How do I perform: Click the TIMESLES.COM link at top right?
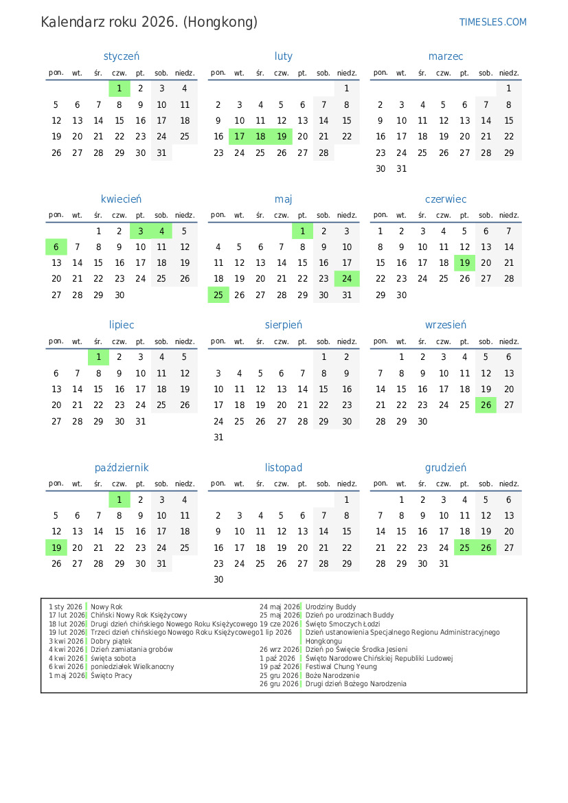pyautogui.click(x=492, y=22)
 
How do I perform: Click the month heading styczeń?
pyautogui.click(x=122, y=56)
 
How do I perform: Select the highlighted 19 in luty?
pyautogui.click(x=282, y=137)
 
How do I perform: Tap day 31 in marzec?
pyautogui.click(x=402, y=169)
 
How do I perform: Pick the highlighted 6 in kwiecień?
pyautogui.click(x=56, y=247)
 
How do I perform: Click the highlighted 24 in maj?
pyautogui.click(x=347, y=279)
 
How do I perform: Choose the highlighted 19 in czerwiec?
pyautogui.click(x=465, y=263)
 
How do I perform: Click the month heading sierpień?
pyautogui.click(x=284, y=325)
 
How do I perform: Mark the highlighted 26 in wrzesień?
pyautogui.click(x=486, y=405)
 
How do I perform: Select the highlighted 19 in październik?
pyautogui.click(x=56, y=547)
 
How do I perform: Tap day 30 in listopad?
pyautogui.click(x=218, y=580)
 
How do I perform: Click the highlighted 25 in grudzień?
pyautogui.click(x=465, y=547)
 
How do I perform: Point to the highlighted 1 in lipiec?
pyautogui.click(x=98, y=357)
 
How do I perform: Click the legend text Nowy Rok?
pyautogui.click(x=106, y=607)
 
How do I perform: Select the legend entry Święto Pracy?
pyautogui.click(x=111, y=676)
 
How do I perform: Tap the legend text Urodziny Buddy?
pyautogui.click(x=330, y=607)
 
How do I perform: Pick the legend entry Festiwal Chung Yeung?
pyautogui.click(x=341, y=667)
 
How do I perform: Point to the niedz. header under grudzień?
pyautogui.click(x=509, y=484)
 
